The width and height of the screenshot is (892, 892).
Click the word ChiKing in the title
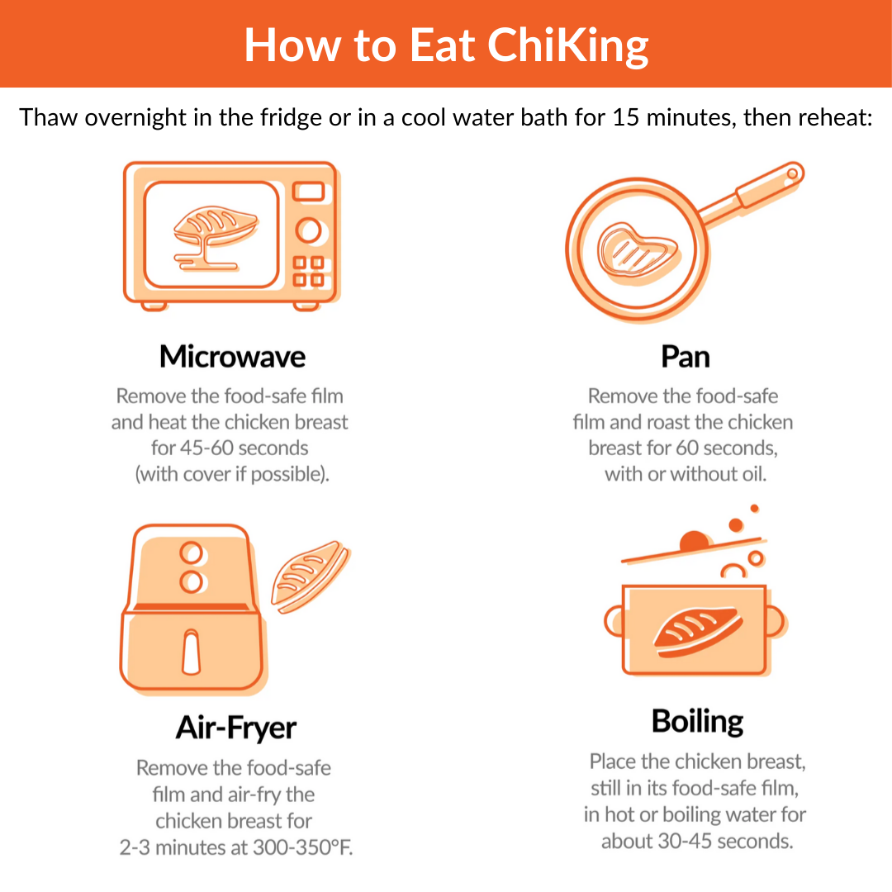567,45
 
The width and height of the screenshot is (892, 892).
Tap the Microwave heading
232,357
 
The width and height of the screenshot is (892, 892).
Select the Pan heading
685,358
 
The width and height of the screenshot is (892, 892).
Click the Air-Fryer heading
235,728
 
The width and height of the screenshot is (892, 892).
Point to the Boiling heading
697,722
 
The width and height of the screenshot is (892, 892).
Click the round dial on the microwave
309,230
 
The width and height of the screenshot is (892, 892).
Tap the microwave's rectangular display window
308,191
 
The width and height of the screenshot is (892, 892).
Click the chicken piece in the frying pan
637,251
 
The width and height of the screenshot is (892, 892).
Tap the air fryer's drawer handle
191,652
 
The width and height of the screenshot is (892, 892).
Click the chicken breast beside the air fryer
310,576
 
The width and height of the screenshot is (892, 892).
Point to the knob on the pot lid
694,540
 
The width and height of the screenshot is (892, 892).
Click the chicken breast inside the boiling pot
698,632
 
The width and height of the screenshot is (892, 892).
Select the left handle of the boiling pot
614,621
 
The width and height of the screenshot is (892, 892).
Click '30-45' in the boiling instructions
685,841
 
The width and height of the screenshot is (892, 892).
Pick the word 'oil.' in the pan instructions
752,474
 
